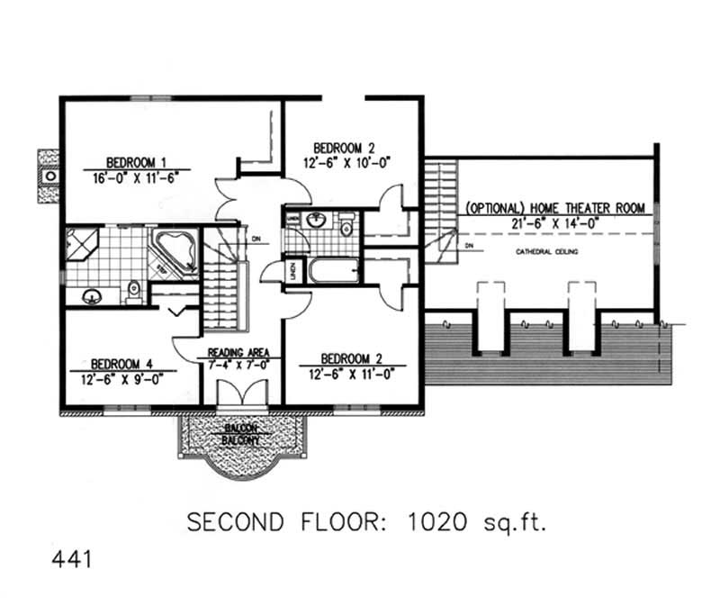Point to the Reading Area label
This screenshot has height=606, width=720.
[x=233, y=352]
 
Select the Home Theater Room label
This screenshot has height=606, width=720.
[x=555, y=208]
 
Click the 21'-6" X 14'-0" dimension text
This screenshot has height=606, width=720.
[x=555, y=222]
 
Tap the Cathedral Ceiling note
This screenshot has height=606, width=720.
[x=546, y=252]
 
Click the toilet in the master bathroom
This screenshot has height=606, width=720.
[x=135, y=290]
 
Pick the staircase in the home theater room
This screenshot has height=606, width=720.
[x=440, y=212]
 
